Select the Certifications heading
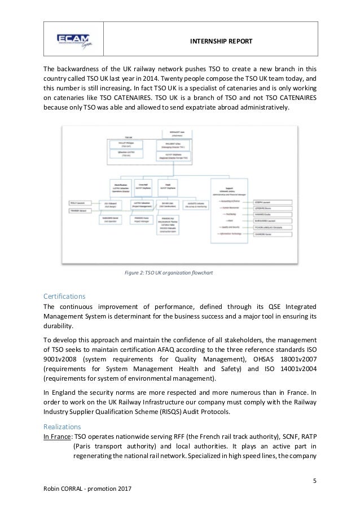[65, 296]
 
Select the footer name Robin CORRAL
[64, 487]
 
